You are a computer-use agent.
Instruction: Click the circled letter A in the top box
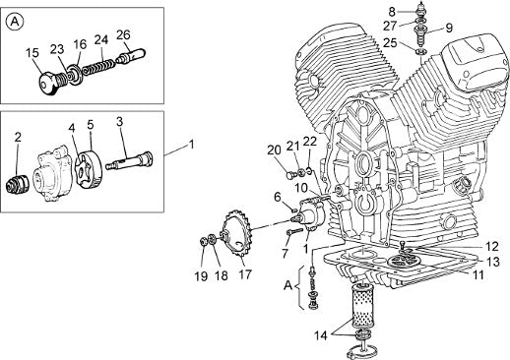(15, 22)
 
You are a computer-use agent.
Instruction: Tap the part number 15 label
(32, 53)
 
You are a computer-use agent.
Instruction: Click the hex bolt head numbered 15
(46, 84)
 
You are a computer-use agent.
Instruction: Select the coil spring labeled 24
(98, 66)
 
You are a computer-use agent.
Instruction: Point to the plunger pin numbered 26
(131, 56)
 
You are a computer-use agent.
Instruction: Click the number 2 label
(18, 137)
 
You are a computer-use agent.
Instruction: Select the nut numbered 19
(203, 242)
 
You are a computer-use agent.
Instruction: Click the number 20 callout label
(274, 150)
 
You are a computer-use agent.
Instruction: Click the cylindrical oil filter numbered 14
(361, 305)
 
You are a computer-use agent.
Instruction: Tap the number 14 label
(321, 335)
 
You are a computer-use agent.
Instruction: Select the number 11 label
(478, 274)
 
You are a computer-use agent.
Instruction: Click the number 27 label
(390, 26)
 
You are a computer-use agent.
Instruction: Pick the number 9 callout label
(449, 28)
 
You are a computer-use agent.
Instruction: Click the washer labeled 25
(421, 51)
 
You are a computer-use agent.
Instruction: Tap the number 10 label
(300, 188)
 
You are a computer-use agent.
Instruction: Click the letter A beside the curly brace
(287, 285)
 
